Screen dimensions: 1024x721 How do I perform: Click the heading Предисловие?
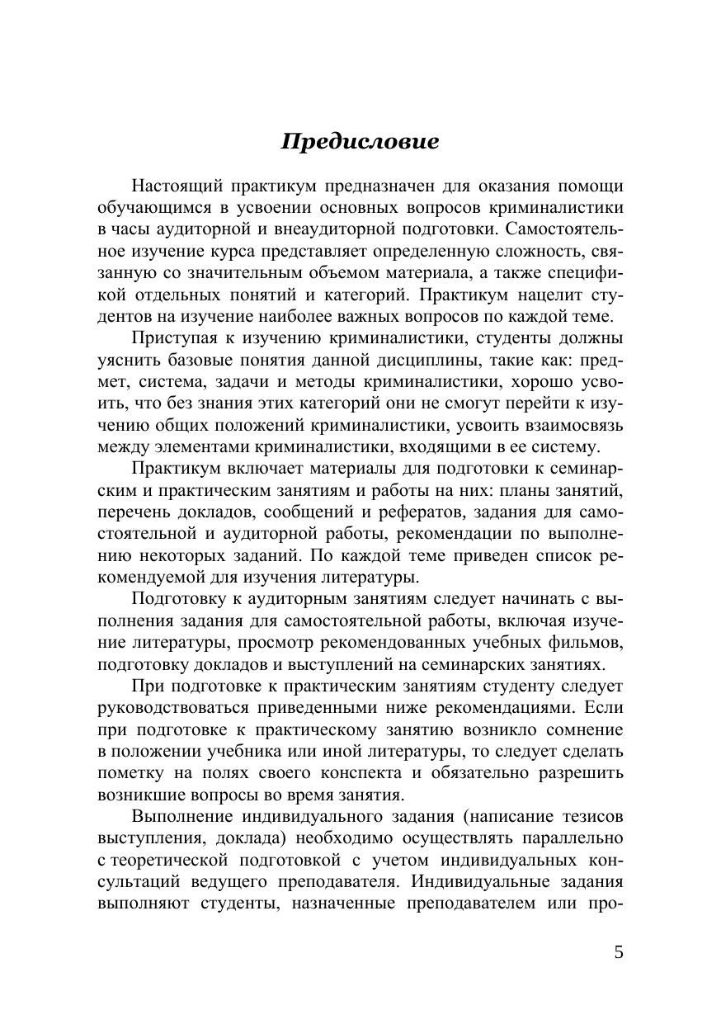point(360,142)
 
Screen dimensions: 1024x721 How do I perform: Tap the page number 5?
point(619,953)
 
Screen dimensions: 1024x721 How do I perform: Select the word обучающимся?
point(149,207)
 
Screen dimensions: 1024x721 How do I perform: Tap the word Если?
point(606,708)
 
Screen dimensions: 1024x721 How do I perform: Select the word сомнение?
point(582,729)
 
